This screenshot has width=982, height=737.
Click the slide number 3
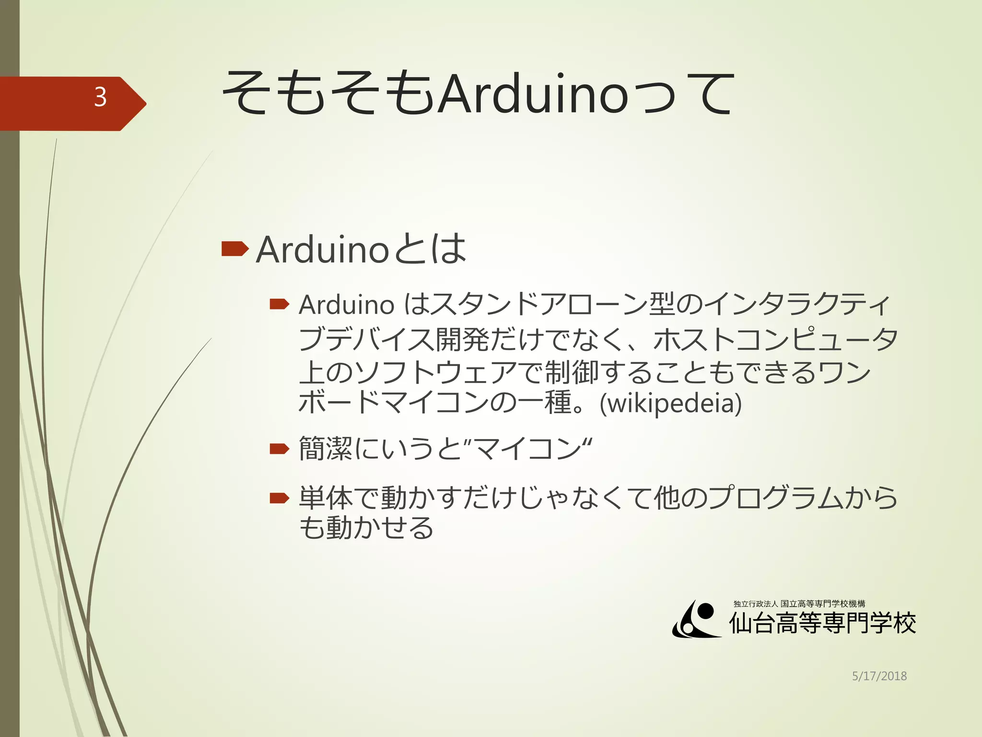click(x=100, y=97)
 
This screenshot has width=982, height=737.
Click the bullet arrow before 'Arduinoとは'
click(x=234, y=249)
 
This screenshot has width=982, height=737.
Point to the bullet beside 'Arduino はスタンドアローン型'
click(x=279, y=304)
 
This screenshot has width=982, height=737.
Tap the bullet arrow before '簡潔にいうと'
click(x=279, y=449)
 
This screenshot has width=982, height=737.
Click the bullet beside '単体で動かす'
click(x=279, y=499)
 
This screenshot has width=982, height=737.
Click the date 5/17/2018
click(x=879, y=676)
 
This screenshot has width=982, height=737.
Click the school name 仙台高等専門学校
click(x=822, y=624)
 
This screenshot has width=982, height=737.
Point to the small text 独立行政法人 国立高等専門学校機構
click(x=799, y=604)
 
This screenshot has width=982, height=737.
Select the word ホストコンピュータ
click(x=775, y=339)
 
